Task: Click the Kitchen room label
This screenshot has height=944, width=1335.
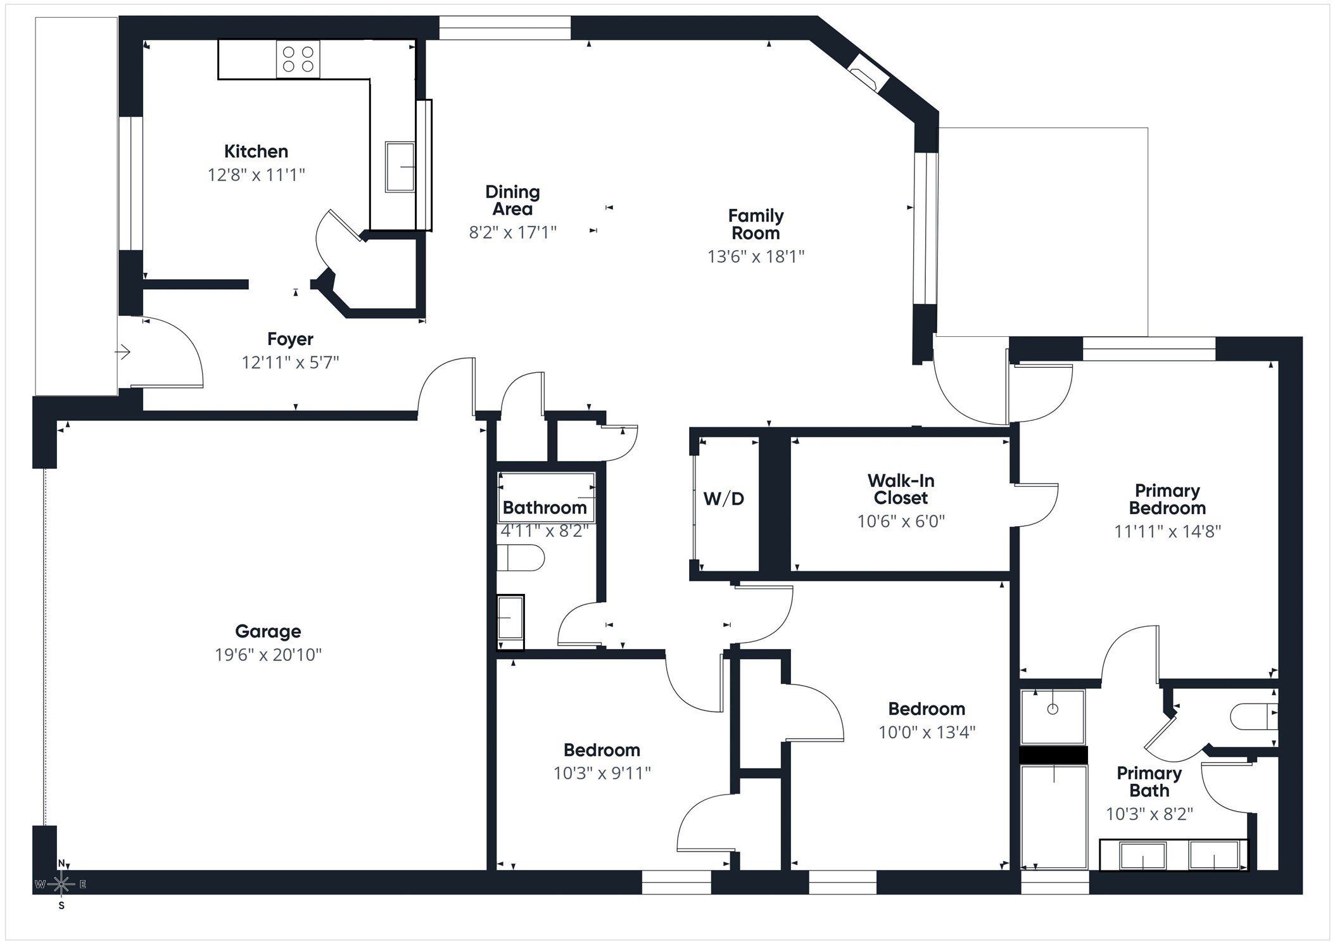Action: tap(256, 151)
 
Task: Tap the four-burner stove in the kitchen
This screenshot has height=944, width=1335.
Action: tap(298, 59)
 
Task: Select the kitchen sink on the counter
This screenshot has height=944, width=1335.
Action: tap(400, 167)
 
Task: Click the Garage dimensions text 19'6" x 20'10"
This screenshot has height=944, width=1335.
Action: tap(268, 655)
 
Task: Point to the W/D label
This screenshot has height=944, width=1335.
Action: tap(724, 499)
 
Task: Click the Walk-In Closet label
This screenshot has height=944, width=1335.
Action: tap(901, 489)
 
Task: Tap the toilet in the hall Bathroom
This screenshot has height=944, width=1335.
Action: tap(521, 558)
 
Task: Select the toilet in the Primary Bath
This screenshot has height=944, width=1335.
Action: tap(1253, 717)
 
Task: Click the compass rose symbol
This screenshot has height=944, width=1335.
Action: tap(61, 884)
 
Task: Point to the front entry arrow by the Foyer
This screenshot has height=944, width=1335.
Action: tap(123, 351)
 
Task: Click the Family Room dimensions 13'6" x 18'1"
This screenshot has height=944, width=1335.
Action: tap(756, 256)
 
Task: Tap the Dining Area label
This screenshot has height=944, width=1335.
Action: tap(512, 200)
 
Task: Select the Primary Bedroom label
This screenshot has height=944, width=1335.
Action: tap(1167, 500)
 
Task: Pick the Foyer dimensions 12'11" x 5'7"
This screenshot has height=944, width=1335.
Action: tap(290, 363)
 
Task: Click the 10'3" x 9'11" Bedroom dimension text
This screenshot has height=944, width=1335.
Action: tap(602, 774)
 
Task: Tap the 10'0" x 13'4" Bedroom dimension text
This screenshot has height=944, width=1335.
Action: tap(927, 733)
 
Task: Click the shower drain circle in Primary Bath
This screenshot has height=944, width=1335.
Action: tap(1053, 709)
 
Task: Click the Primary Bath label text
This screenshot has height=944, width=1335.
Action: tap(1149, 782)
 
